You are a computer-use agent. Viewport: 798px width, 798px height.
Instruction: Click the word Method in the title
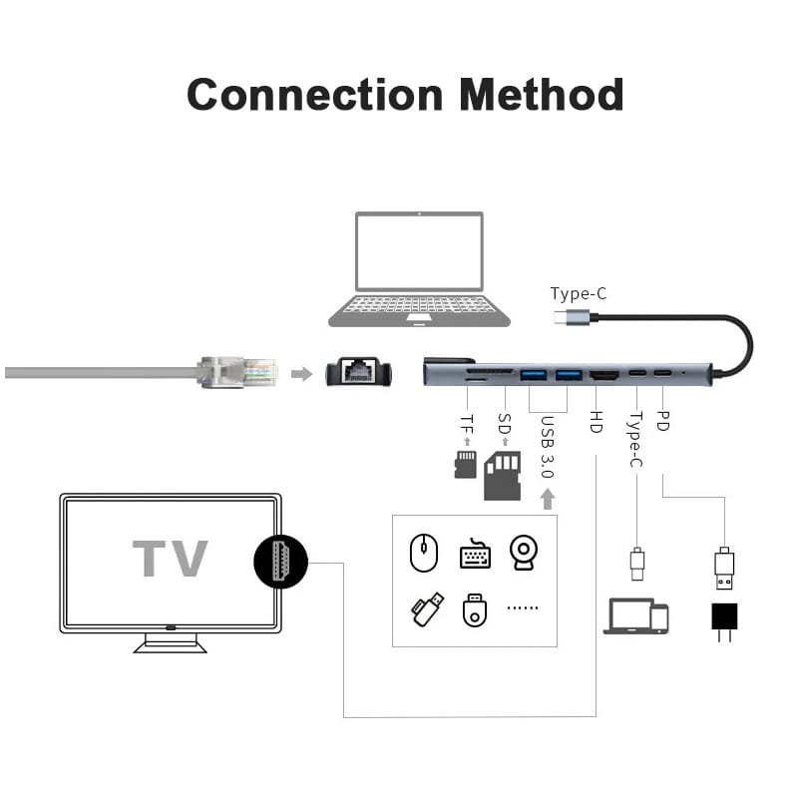pos(542,95)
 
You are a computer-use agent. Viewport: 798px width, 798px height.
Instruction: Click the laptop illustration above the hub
pos(420,269)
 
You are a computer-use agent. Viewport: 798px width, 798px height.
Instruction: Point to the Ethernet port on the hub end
pos(358,374)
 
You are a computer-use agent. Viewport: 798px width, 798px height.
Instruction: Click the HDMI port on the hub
pos(603,376)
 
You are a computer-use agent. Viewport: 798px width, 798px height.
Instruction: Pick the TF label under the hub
pos(466,422)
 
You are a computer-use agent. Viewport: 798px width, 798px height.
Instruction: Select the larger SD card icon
pos(502,475)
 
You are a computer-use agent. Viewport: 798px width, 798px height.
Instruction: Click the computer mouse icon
pos(425,552)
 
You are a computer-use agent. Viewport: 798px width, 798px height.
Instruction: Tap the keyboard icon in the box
pos(476,555)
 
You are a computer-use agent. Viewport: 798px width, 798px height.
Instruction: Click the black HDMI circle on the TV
pos(280,560)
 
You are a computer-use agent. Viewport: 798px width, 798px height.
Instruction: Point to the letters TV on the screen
pos(171,559)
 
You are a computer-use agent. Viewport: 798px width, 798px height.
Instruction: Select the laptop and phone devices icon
pos(635,615)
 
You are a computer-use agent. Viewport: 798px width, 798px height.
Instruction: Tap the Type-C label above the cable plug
pos(579,293)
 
